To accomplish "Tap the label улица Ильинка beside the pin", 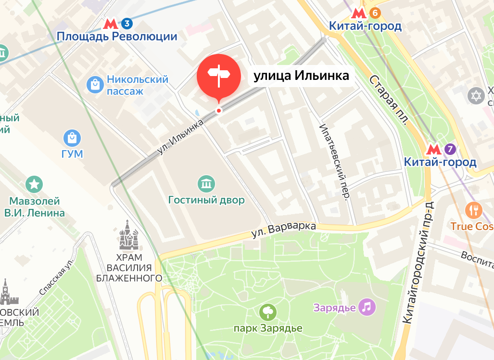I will pos(301,76).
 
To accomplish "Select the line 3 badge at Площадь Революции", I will pos(127,23).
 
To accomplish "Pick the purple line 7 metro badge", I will pos(450,149).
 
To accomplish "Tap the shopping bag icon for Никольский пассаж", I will pos(95,85).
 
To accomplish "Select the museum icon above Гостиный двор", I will pos(206,183).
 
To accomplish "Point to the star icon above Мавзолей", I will pos(35,184).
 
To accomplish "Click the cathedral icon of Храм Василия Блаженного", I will pos(128,235).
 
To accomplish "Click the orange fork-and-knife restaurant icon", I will pos(474,210).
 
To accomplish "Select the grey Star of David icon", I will pos(476,96).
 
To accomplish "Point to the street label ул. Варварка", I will pos(284,230).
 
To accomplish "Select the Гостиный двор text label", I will pos(206,200).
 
